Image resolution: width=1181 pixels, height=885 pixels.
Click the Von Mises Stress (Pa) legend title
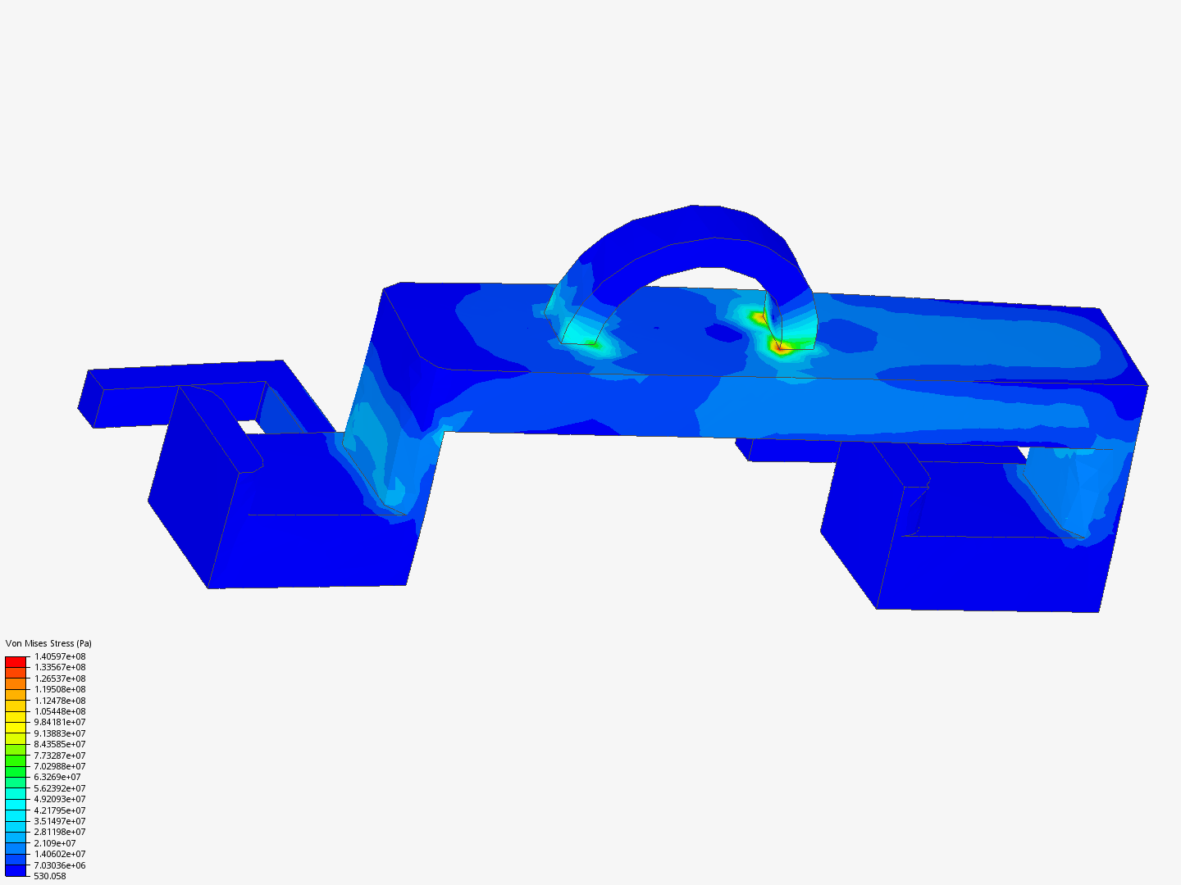pyautogui.click(x=48, y=643)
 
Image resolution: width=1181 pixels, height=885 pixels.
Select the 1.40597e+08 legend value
pyautogui.click(x=60, y=656)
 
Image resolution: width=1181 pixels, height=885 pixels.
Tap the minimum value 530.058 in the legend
pyautogui.click(x=50, y=876)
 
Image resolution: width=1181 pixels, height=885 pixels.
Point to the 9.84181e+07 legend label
pyautogui.click(x=60, y=722)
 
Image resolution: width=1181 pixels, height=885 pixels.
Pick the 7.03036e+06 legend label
pyautogui.click(x=60, y=865)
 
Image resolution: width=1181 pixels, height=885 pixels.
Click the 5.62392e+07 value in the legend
pyautogui.click(x=60, y=788)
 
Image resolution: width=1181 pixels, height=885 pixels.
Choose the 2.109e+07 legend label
pyautogui.click(x=55, y=843)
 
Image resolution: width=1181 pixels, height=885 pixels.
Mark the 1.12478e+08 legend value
pyautogui.click(x=60, y=701)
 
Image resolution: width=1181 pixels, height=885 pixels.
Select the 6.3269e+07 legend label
pyautogui.click(x=57, y=777)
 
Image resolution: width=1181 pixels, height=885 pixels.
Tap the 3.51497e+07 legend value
pyautogui.click(x=60, y=821)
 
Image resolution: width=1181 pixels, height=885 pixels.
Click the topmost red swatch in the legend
pyautogui.click(x=16, y=661)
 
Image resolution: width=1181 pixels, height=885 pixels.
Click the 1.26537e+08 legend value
pyautogui.click(x=60, y=678)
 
